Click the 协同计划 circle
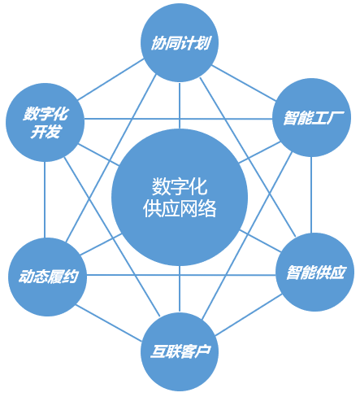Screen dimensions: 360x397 point(180,42)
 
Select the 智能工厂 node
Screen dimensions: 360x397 point(311,118)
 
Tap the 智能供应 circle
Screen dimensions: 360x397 point(314,272)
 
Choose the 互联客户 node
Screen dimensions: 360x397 point(180,351)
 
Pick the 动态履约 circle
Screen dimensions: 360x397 point(48,277)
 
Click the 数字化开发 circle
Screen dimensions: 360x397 point(45,122)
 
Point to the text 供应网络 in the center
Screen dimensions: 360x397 point(180,208)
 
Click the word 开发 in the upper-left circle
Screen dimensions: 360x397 point(45,132)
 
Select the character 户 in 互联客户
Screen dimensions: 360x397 point(203,351)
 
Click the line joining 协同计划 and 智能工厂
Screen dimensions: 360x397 point(244,83)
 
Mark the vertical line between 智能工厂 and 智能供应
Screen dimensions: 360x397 point(311,195)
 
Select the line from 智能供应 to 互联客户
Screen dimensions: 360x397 point(249,315)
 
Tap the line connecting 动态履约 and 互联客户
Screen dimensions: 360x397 point(109,323)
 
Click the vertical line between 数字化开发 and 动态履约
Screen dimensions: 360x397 point(45,200)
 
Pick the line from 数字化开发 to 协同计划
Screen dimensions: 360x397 point(111,79)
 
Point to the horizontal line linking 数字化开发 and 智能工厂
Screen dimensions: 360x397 point(178,119)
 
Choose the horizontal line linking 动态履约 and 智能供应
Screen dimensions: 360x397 point(181,275)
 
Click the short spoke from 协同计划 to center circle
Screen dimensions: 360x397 point(180,106)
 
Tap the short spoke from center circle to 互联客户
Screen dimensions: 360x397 point(180,289)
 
